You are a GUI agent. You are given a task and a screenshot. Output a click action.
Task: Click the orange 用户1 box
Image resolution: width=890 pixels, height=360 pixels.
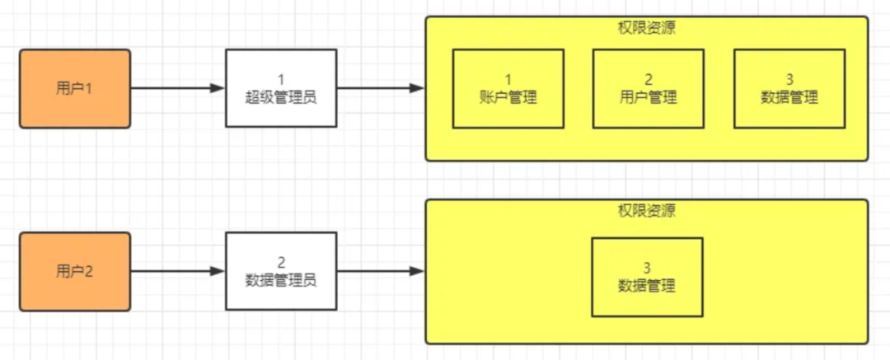75,88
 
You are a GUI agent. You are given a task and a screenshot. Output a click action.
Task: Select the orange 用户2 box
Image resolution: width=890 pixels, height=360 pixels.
75,271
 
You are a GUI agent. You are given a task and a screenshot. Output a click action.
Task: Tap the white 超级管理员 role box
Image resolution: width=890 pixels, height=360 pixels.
281,88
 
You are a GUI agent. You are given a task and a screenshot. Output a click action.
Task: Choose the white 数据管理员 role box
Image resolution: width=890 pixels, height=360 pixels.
281,271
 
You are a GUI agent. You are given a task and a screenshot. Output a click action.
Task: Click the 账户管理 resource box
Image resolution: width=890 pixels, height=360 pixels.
508,88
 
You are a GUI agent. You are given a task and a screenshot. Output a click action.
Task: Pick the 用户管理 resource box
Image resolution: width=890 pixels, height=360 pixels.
649,88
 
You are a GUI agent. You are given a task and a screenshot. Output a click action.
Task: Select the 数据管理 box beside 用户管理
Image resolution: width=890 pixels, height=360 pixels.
789,88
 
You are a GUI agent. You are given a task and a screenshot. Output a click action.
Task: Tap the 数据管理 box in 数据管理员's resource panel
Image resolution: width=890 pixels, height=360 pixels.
647,278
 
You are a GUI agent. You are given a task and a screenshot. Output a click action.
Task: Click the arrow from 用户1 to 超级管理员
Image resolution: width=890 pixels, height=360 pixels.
177,88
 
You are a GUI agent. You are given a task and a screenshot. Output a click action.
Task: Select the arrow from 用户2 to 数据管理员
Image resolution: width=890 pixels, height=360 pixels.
177,271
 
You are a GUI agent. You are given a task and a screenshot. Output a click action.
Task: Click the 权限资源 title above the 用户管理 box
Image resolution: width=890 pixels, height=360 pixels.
647,28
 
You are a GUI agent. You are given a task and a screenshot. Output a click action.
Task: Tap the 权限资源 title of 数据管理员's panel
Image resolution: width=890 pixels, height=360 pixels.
647,211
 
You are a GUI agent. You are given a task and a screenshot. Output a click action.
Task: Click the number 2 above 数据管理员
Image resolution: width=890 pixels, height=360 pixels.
281,263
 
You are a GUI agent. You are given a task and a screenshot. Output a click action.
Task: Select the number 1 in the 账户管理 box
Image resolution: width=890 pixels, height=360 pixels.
508,80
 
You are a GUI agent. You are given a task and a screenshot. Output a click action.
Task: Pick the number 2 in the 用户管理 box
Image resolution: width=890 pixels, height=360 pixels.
649,80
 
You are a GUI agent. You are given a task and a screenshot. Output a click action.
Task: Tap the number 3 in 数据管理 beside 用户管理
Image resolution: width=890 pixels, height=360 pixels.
789,80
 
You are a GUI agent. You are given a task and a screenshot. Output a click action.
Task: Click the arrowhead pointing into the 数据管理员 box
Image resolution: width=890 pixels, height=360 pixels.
218,271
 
